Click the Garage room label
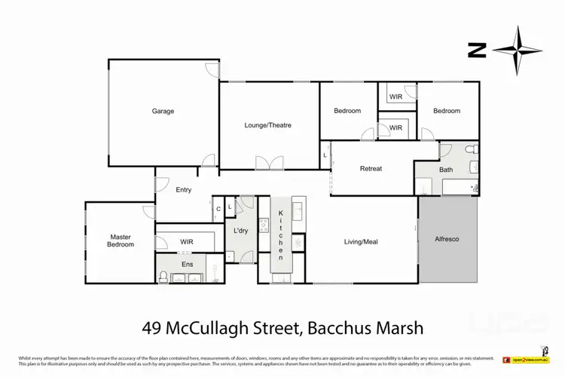[163, 111]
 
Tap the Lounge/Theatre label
[267, 125]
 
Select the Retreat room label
[371, 168]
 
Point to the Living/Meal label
[360, 241]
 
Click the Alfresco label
[447, 238]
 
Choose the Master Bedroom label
[121, 240]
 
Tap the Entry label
[184, 189]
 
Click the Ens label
[188, 264]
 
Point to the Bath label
[446, 170]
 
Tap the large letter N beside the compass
[475, 51]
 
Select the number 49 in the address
[154, 328]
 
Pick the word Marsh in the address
[398, 328]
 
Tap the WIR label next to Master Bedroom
[187, 241]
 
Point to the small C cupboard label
[217, 209]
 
